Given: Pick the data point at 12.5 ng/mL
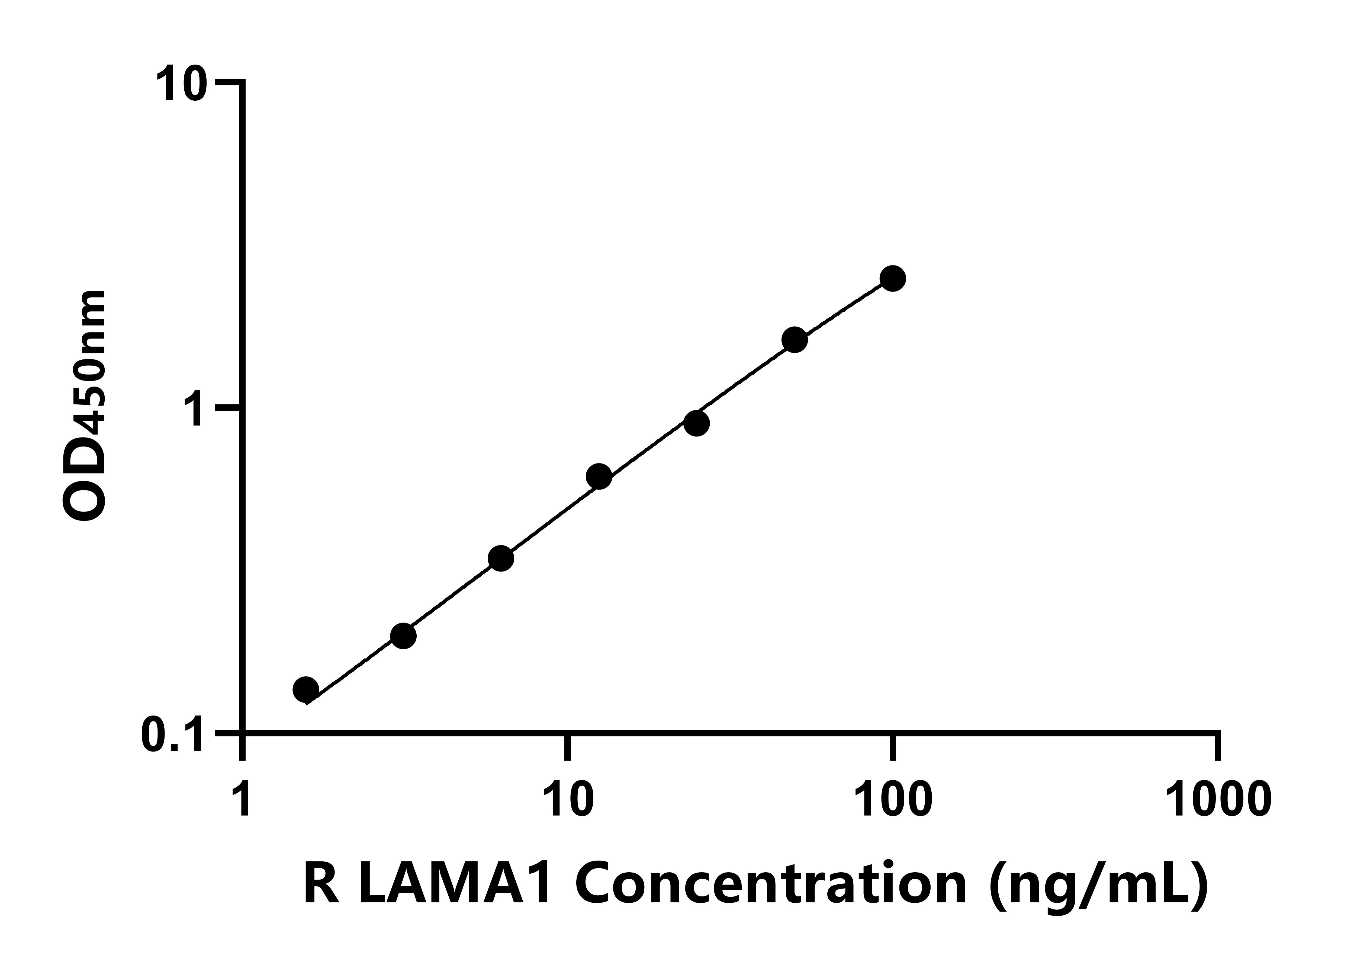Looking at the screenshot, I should coord(599,476).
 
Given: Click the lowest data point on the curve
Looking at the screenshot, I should coord(305,689).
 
